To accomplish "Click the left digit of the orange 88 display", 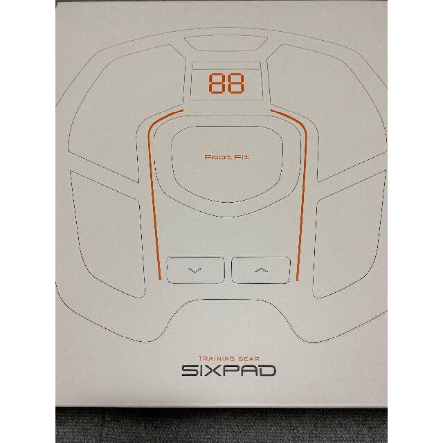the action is pyautogui.click(x=217, y=83).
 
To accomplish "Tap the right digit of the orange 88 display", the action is pyautogui.click(x=235, y=83).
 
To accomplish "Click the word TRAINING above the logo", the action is pyautogui.click(x=217, y=359).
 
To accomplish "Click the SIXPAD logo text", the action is pyautogui.click(x=229, y=370).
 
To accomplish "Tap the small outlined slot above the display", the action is pyautogui.click(x=226, y=44).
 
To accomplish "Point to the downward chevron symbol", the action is pyautogui.click(x=195, y=271).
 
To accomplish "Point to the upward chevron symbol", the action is pyautogui.click(x=262, y=271).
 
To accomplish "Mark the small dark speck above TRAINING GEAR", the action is pyautogui.click(x=212, y=347).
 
